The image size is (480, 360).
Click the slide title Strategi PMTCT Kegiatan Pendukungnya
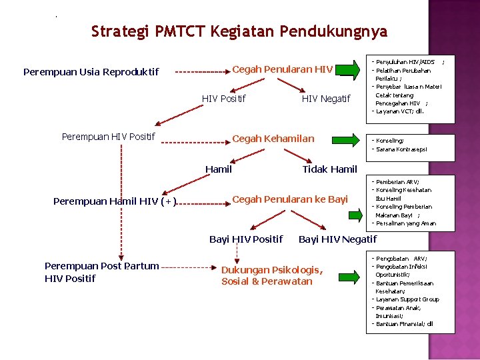pyautogui.click(x=239, y=31)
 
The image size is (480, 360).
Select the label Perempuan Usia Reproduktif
pyautogui.click(x=91, y=71)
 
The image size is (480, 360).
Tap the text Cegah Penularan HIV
pyautogui.click(x=282, y=69)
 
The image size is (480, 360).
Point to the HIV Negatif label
pyautogui.click(x=325, y=99)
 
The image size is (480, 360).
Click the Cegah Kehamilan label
pyautogui.click(x=273, y=139)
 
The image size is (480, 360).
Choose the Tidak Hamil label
pyautogui.click(x=329, y=169)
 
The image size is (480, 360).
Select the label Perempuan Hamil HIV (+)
pyautogui.click(x=115, y=201)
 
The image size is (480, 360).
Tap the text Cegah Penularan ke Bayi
pyautogui.click(x=289, y=199)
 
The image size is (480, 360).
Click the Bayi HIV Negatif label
pyautogui.click(x=337, y=239)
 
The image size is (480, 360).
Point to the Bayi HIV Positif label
pyautogui.click(x=246, y=239)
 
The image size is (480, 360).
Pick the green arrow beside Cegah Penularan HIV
pyautogui.click(x=351, y=69)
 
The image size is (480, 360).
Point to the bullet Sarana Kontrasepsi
pyautogui.click(x=402, y=149)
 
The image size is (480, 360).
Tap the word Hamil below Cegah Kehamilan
pyautogui.click(x=219, y=169)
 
